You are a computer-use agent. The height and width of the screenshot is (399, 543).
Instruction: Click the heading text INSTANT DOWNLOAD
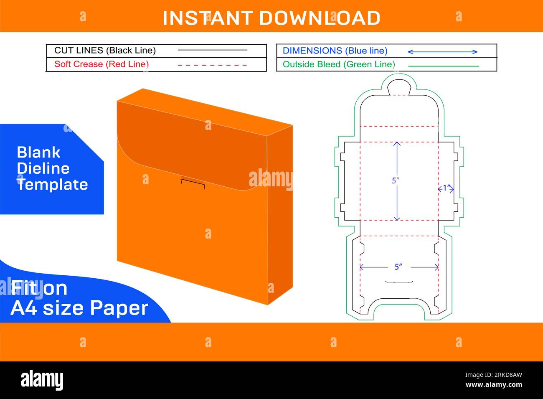(x=271, y=18)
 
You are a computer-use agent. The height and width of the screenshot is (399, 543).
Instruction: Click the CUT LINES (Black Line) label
(x=105, y=51)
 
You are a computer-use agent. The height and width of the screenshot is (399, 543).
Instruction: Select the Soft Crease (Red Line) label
(x=101, y=64)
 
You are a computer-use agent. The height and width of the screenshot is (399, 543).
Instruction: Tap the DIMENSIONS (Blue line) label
(x=335, y=51)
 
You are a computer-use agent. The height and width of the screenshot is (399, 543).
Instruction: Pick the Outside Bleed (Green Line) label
(x=338, y=64)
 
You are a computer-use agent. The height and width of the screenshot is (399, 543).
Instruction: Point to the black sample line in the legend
(x=212, y=50)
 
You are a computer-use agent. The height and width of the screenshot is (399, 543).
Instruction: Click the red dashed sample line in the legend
(x=212, y=65)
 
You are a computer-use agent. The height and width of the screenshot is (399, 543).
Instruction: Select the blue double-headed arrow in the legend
(x=442, y=52)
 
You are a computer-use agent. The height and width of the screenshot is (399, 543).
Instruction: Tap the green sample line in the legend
(x=443, y=66)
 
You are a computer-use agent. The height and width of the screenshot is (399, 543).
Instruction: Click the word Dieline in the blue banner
(x=43, y=168)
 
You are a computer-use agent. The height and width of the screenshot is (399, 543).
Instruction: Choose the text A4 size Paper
(x=79, y=308)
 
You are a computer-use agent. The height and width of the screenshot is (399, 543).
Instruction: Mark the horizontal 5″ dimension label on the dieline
(x=398, y=267)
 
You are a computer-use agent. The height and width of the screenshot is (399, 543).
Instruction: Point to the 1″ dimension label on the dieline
(x=447, y=188)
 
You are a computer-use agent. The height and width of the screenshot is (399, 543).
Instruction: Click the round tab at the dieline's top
(x=399, y=87)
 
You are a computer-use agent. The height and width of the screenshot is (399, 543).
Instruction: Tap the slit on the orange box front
(x=193, y=183)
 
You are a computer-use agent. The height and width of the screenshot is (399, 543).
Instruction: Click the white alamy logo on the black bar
(x=42, y=380)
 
